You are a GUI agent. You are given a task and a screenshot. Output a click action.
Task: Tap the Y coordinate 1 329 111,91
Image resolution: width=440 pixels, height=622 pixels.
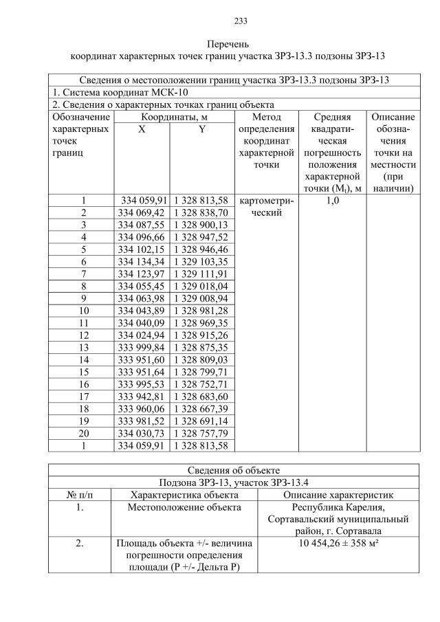coord(201,274)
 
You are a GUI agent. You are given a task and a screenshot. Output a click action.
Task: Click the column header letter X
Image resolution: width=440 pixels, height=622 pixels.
coord(140,130)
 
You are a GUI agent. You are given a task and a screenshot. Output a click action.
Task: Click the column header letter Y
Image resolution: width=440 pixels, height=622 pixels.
coord(201,130)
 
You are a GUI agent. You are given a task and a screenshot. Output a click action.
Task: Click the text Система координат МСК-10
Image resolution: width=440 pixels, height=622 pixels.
coord(120,92)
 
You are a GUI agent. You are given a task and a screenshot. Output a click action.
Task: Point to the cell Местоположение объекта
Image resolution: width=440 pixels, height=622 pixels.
coord(185,507)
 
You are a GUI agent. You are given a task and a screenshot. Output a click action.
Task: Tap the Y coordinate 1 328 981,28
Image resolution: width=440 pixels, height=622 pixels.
coord(201,311)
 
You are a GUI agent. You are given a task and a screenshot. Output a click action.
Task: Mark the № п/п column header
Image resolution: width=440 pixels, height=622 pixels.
coord(80,494)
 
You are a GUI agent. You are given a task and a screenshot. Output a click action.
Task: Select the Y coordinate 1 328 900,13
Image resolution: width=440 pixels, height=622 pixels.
coord(201,225)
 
